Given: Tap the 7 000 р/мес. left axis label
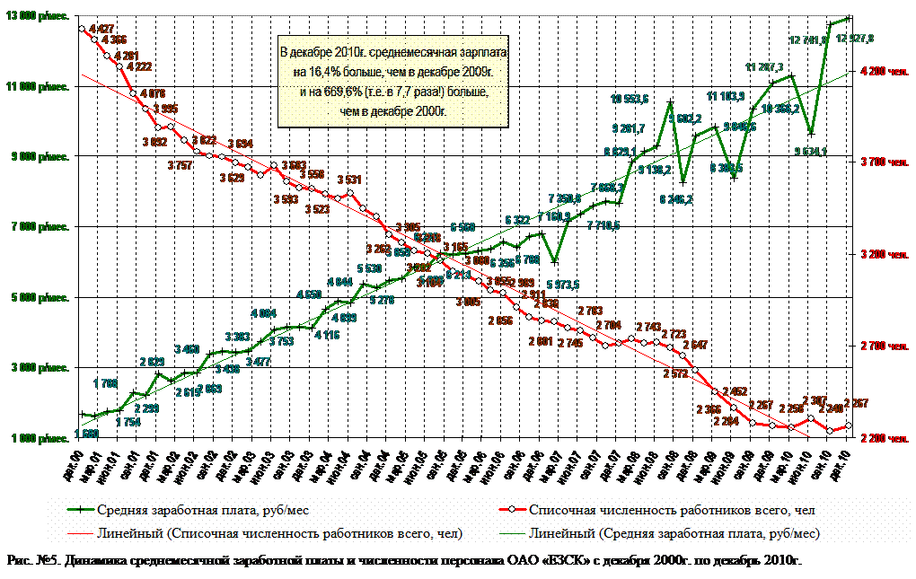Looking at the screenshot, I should tap(40, 228).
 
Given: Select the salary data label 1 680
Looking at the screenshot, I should tap(87, 434).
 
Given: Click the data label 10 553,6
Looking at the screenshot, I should tap(630, 99).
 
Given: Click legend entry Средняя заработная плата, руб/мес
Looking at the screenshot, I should tap(202, 510).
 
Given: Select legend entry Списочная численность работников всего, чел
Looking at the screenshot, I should tap(672, 510).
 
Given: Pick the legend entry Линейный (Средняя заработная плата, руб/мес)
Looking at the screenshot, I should tap(677, 534).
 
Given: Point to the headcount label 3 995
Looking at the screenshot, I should tap(165, 110).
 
